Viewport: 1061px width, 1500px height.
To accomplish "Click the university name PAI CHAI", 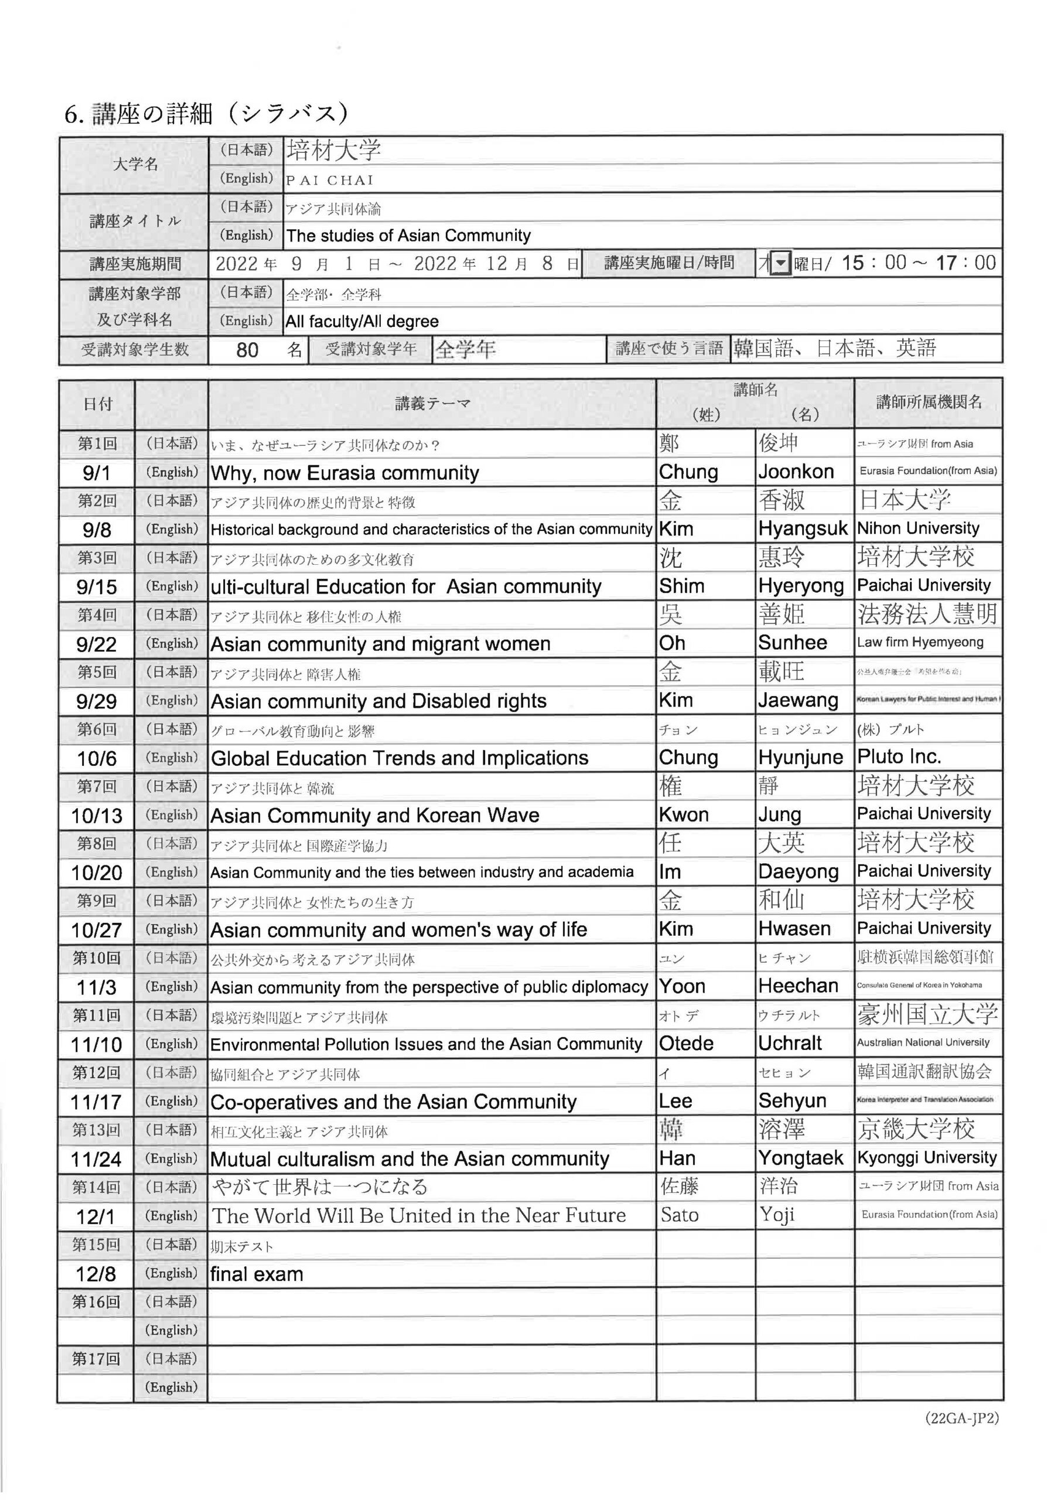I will [x=330, y=180].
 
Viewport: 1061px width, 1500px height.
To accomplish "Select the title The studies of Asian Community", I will [x=408, y=236].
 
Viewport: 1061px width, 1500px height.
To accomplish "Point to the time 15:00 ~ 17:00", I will [x=918, y=263].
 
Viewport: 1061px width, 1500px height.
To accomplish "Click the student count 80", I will [x=247, y=350].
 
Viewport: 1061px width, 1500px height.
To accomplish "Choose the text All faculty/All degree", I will [x=362, y=322].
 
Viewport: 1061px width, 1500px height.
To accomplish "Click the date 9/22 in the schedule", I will [x=96, y=645].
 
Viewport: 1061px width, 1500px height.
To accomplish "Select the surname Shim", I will [x=681, y=586].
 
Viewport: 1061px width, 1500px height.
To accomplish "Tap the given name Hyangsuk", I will [x=802, y=529].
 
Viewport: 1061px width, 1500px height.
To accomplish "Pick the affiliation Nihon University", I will [x=918, y=528].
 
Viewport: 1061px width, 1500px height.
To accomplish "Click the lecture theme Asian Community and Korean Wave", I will [x=375, y=815].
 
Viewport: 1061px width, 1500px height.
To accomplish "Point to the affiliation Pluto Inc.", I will [x=899, y=757].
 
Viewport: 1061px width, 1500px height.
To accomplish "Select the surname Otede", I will [x=686, y=1044].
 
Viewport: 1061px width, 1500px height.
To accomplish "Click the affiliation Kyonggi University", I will [x=926, y=1158].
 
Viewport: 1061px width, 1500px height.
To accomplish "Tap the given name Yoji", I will [x=777, y=1215].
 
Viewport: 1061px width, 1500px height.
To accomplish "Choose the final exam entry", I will [x=257, y=1274].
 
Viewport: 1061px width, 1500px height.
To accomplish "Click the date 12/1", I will [x=95, y=1216].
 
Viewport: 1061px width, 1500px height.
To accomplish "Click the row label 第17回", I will [x=96, y=1359].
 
